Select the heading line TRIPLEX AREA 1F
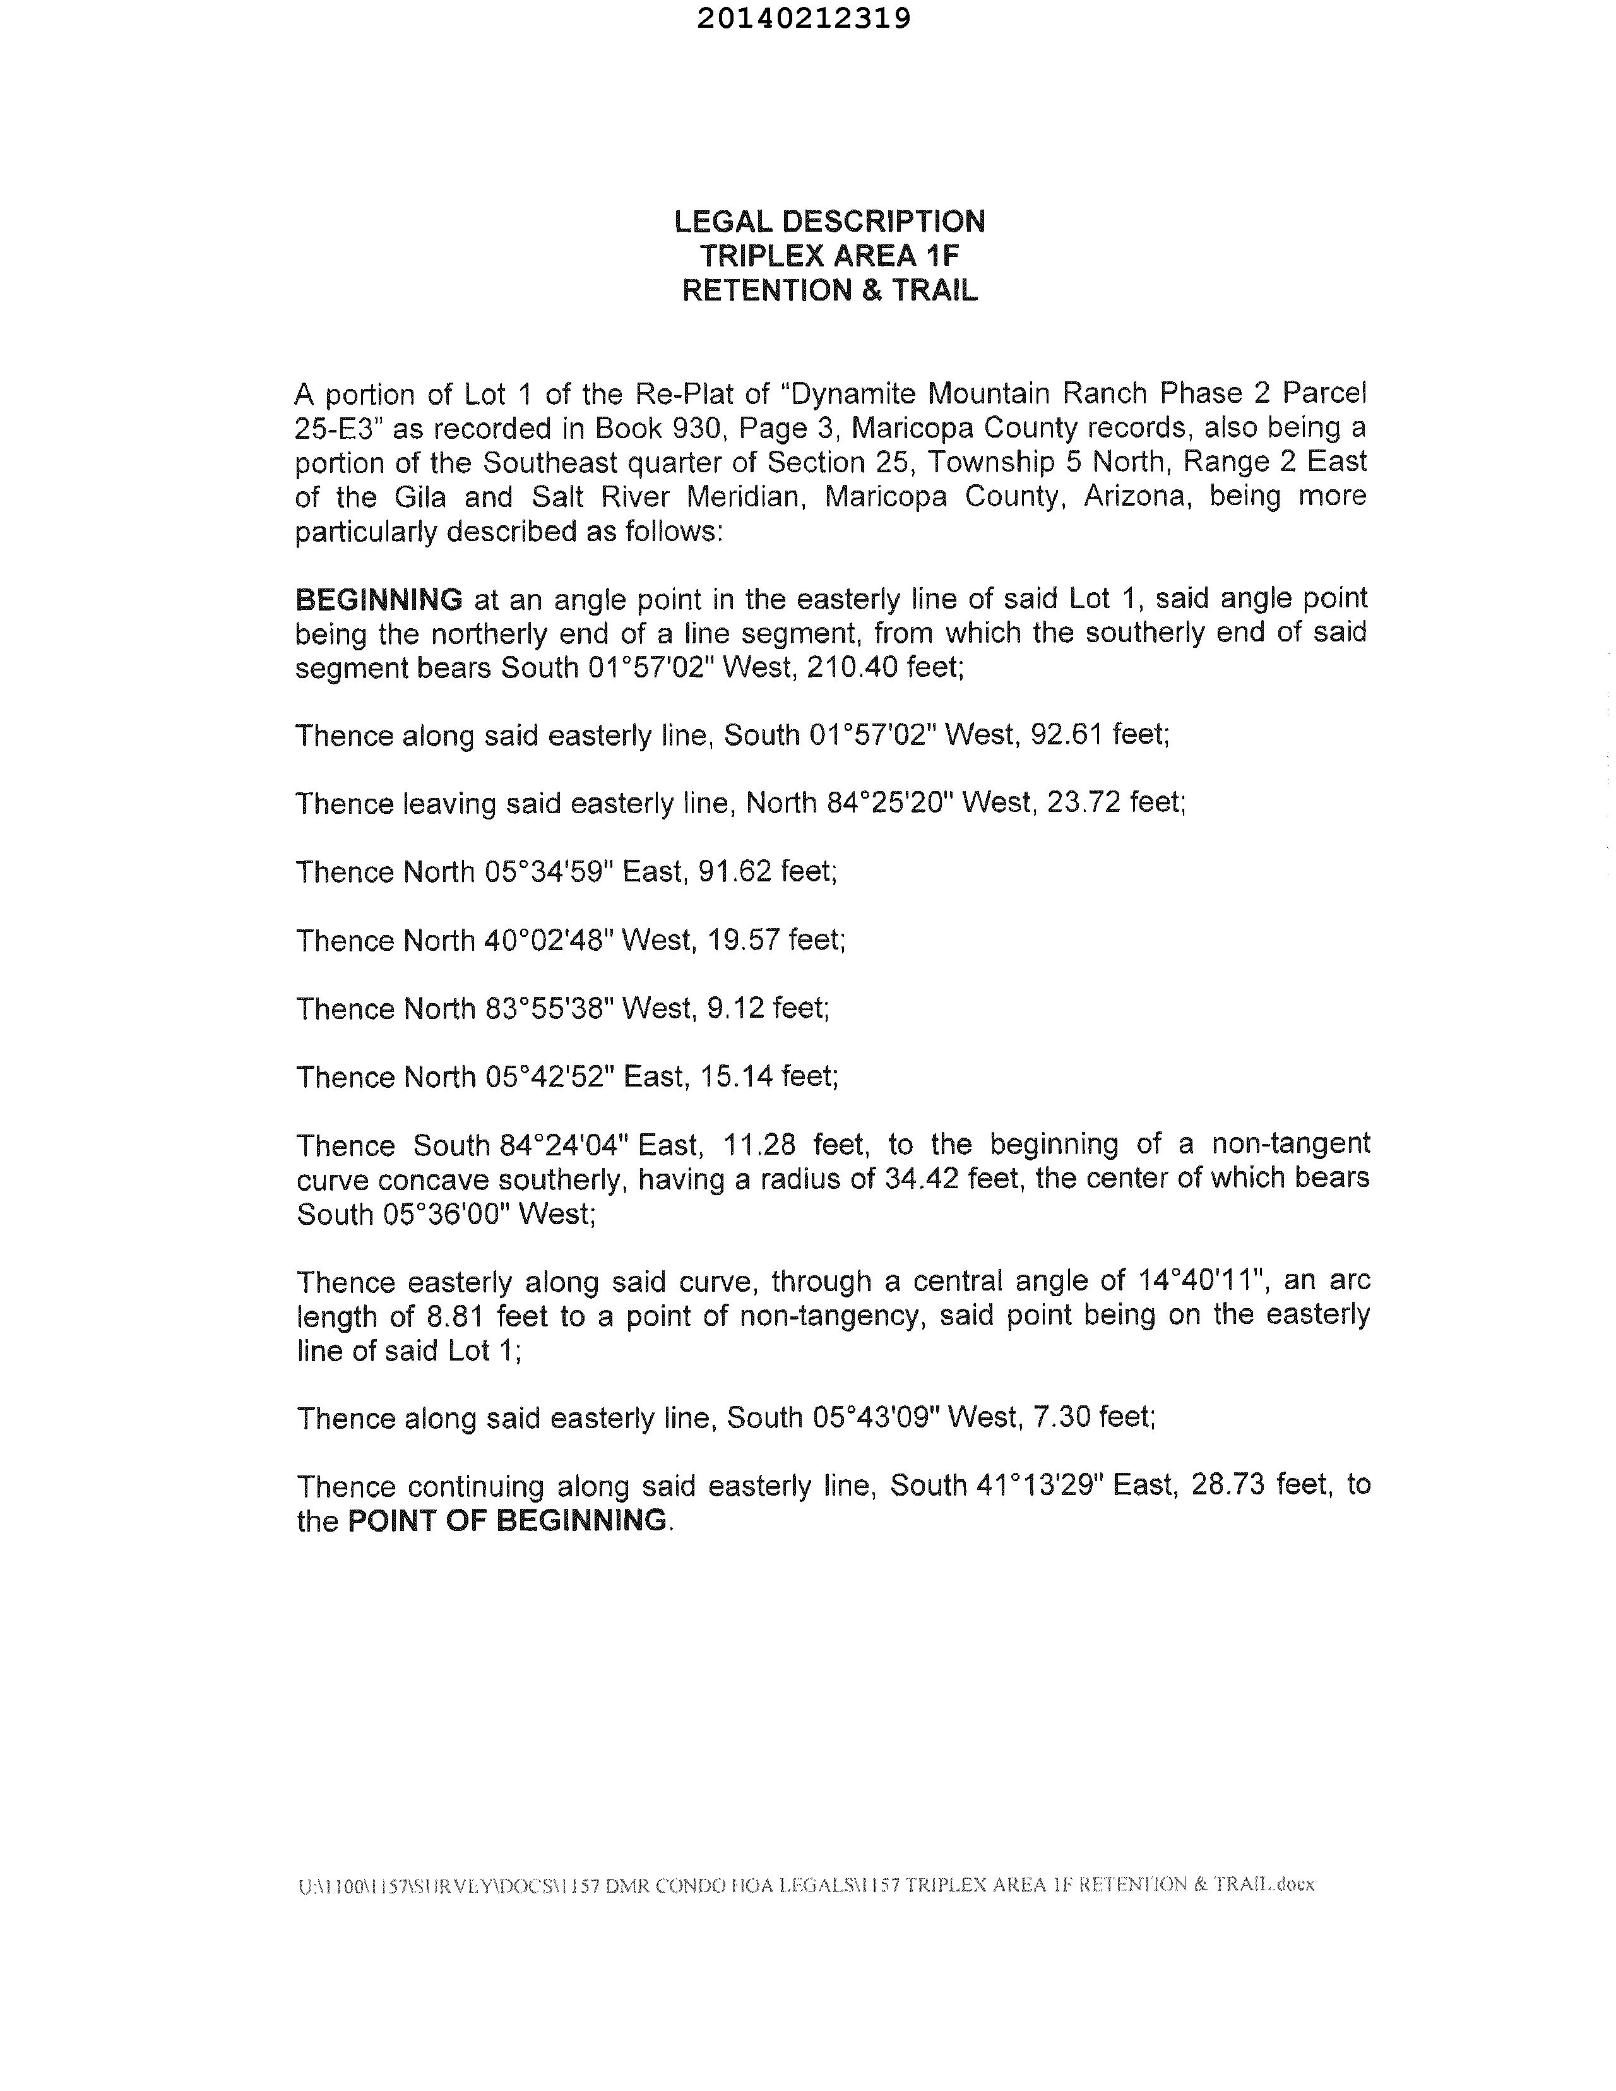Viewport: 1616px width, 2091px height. coord(829,256)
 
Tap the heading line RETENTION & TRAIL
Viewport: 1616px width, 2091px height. coord(829,290)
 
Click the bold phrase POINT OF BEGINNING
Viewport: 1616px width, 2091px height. coord(506,1520)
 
